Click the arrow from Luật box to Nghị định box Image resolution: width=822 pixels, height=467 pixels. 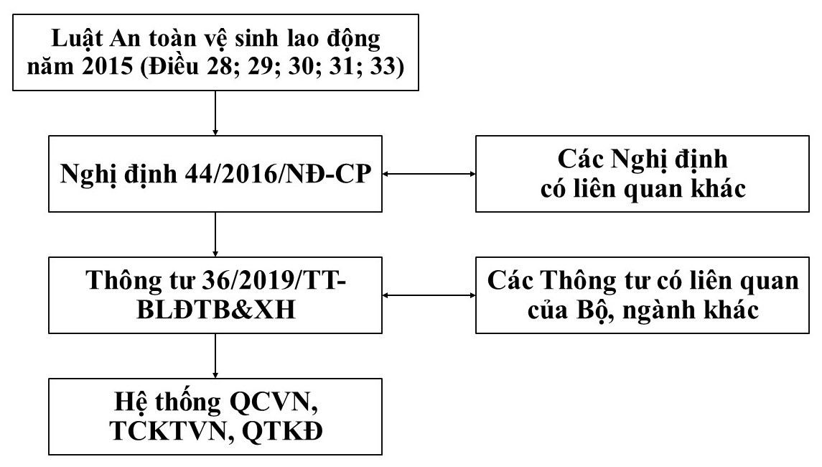(215, 111)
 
